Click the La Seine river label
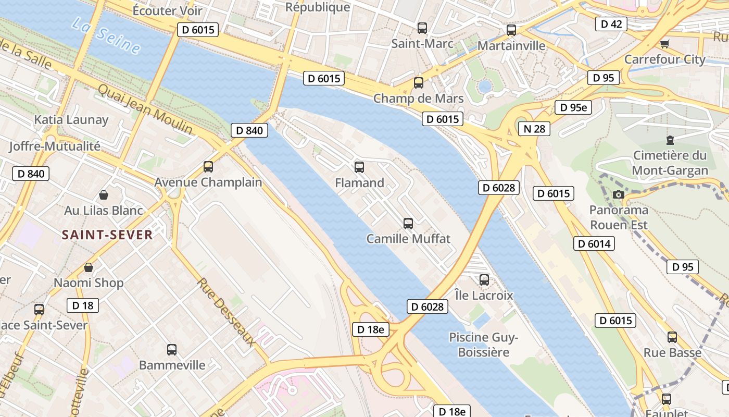106,35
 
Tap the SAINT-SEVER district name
107,235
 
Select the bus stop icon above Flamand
359,167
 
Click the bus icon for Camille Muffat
408,224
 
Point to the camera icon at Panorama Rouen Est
619,194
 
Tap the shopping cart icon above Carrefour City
664,44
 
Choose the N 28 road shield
534,129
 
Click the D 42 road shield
611,24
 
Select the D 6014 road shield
594,243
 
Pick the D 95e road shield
573,108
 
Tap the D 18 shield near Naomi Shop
82,305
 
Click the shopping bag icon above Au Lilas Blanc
104,195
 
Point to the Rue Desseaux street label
226,312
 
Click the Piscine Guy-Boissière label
483,345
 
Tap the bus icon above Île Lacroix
484,280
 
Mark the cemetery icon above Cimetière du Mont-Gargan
670,140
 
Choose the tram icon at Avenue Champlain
208,167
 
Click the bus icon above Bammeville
172,350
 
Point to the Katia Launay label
71,120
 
